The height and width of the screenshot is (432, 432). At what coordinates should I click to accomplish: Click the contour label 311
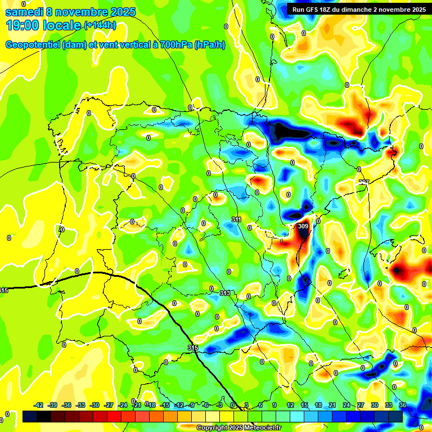coord(236,219)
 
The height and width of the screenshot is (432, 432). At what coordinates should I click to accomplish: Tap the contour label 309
coord(303,226)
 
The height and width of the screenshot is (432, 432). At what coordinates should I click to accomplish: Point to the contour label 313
coord(225,293)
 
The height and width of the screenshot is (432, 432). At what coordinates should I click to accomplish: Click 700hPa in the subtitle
coord(175,45)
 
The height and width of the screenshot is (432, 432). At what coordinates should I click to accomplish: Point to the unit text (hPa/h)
coord(209,45)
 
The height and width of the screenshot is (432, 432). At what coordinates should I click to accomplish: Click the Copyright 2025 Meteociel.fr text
coord(239,428)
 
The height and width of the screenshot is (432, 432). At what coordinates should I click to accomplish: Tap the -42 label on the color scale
coord(39,405)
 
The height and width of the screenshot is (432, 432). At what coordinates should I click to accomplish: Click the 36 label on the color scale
coord(403,405)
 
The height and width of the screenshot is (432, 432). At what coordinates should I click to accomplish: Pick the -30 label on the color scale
coord(95,405)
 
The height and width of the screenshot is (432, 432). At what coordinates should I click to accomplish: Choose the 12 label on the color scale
coord(290,405)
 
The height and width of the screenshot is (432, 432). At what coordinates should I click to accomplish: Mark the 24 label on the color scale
coord(346,405)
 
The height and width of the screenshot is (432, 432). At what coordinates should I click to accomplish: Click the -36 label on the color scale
coord(67,405)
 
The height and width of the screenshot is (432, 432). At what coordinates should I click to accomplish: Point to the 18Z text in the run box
coord(331,10)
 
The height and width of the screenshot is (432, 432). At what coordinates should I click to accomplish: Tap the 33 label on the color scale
coord(389,405)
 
